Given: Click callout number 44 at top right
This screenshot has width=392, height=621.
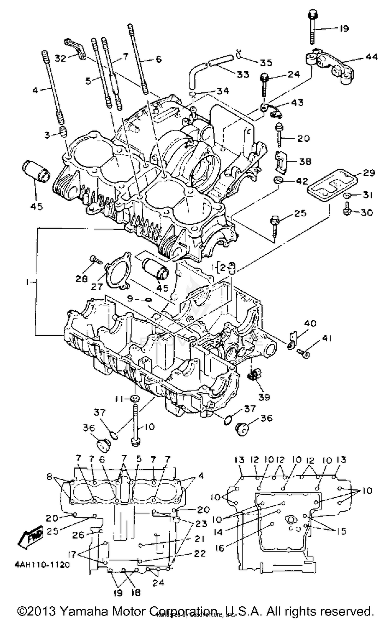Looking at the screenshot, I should click(371, 56).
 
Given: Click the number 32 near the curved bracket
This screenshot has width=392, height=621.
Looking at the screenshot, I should click(60, 58).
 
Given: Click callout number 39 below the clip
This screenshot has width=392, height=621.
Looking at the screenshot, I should click(264, 397).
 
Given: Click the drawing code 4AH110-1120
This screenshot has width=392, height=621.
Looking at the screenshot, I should click(42, 565).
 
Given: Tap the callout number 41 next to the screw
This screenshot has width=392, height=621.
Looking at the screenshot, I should click(327, 339).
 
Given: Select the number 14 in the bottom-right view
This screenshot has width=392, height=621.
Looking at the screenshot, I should click(218, 532).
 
